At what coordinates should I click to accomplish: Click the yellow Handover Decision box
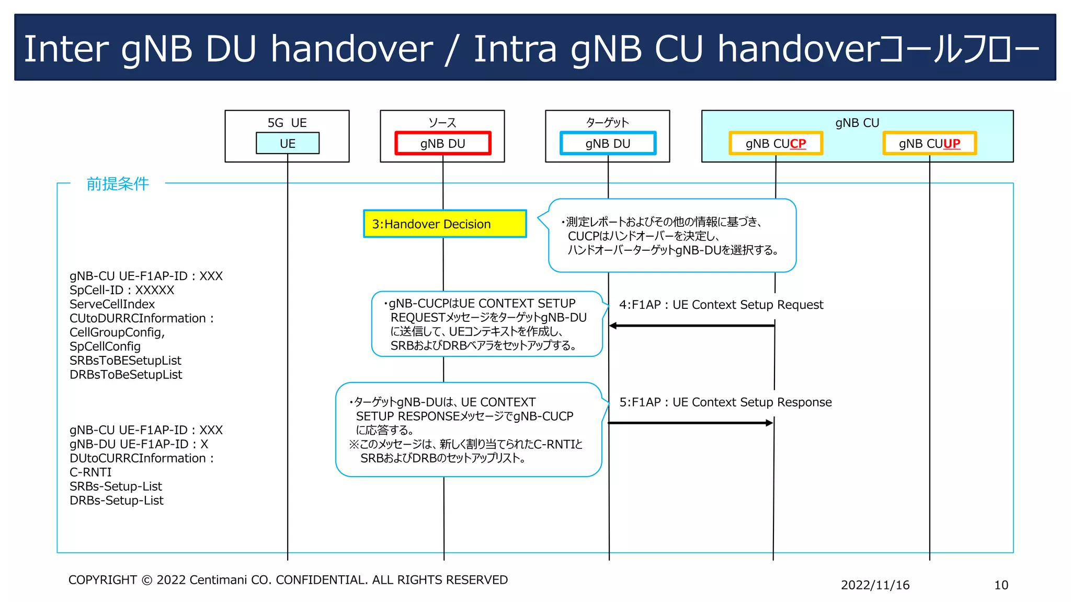click(445, 224)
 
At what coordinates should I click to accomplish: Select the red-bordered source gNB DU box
click(442, 143)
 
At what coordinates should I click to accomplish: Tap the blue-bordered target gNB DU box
click(608, 143)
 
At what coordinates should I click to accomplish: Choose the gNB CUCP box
click(776, 143)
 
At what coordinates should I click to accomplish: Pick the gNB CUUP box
click(929, 143)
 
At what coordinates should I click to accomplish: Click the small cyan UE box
click(287, 143)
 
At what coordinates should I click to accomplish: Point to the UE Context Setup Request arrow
click(691, 326)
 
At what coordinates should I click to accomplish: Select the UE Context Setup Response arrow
click(690, 423)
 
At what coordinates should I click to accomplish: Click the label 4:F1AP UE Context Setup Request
click(721, 305)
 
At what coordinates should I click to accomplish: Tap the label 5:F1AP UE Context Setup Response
click(725, 402)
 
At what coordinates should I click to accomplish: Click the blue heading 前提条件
click(118, 184)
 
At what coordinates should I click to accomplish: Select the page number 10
click(1000, 585)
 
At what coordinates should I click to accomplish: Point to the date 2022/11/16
click(875, 585)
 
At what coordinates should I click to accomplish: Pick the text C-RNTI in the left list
click(90, 472)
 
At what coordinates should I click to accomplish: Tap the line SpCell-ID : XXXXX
click(121, 290)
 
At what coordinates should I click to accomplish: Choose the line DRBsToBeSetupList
click(126, 374)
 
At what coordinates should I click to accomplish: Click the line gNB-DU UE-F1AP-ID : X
click(139, 444)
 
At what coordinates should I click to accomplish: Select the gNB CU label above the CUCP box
click(857, 123)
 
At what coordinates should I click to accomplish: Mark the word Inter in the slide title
click(66, 49)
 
